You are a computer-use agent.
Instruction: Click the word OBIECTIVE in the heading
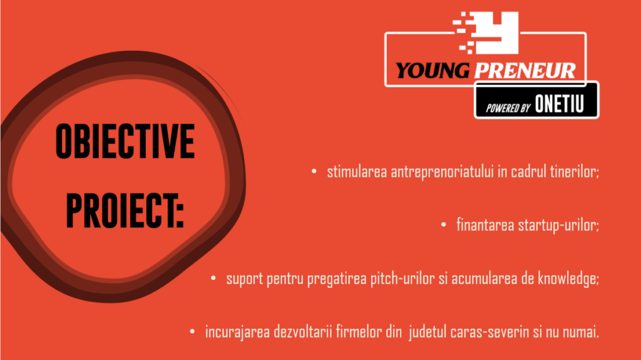tap(125, 141)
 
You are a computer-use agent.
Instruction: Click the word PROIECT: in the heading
tap(125, 210)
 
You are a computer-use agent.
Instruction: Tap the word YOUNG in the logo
tap(433, 70)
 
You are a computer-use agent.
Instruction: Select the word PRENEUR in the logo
tap(525, 70)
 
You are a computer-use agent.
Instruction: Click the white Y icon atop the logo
tap(488, 33)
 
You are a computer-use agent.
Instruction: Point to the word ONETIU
tap(559, 104)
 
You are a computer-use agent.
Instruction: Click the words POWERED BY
tap(508, 108)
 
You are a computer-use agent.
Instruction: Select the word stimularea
tap(357, 172)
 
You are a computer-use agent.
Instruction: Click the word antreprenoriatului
tap(443, 172)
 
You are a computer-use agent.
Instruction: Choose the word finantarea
tap(485, 225)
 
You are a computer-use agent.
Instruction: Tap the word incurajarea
tap(237, 332)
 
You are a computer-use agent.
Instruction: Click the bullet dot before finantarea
tap(444, 225)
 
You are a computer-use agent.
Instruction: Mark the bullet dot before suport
tap(213, 278)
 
